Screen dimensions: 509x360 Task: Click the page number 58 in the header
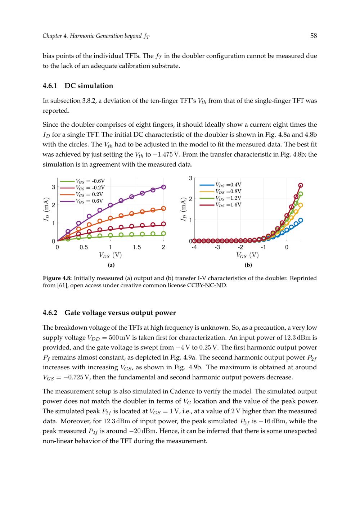tap(313, 36)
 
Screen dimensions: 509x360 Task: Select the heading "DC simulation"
tap(89, 86)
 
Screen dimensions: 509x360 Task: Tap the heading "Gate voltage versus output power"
tap(120, 312)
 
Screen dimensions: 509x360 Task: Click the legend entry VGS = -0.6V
tap(90, 181)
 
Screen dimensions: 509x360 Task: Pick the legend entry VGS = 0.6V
tap(89, 201)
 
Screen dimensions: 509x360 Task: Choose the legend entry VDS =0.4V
tap(228, 185)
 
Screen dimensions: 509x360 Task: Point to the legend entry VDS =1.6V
tap(228, 205)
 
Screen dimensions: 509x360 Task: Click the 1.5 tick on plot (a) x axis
tap(137, 247)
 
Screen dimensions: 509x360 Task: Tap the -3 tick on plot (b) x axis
tap(217, 247)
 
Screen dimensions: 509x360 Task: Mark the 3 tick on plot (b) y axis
tap(190, 178)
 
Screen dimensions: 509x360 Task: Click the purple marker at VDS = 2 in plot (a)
tap(163, 187)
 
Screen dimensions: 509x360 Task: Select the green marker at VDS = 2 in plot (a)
tap(163, 234)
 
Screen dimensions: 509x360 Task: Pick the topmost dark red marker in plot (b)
tap(301, 185)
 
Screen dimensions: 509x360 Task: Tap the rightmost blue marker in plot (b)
tap(301, 220)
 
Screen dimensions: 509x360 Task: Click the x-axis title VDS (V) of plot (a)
tap(110, 255)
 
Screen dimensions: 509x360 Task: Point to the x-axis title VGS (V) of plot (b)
tap(247, 255)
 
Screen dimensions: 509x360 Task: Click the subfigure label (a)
tap(111, 265)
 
